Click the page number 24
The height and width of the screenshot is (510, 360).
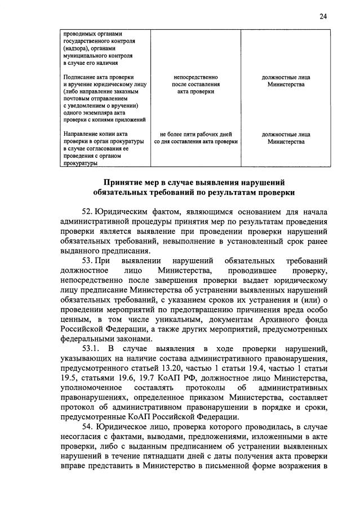[x=323, y=16]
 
